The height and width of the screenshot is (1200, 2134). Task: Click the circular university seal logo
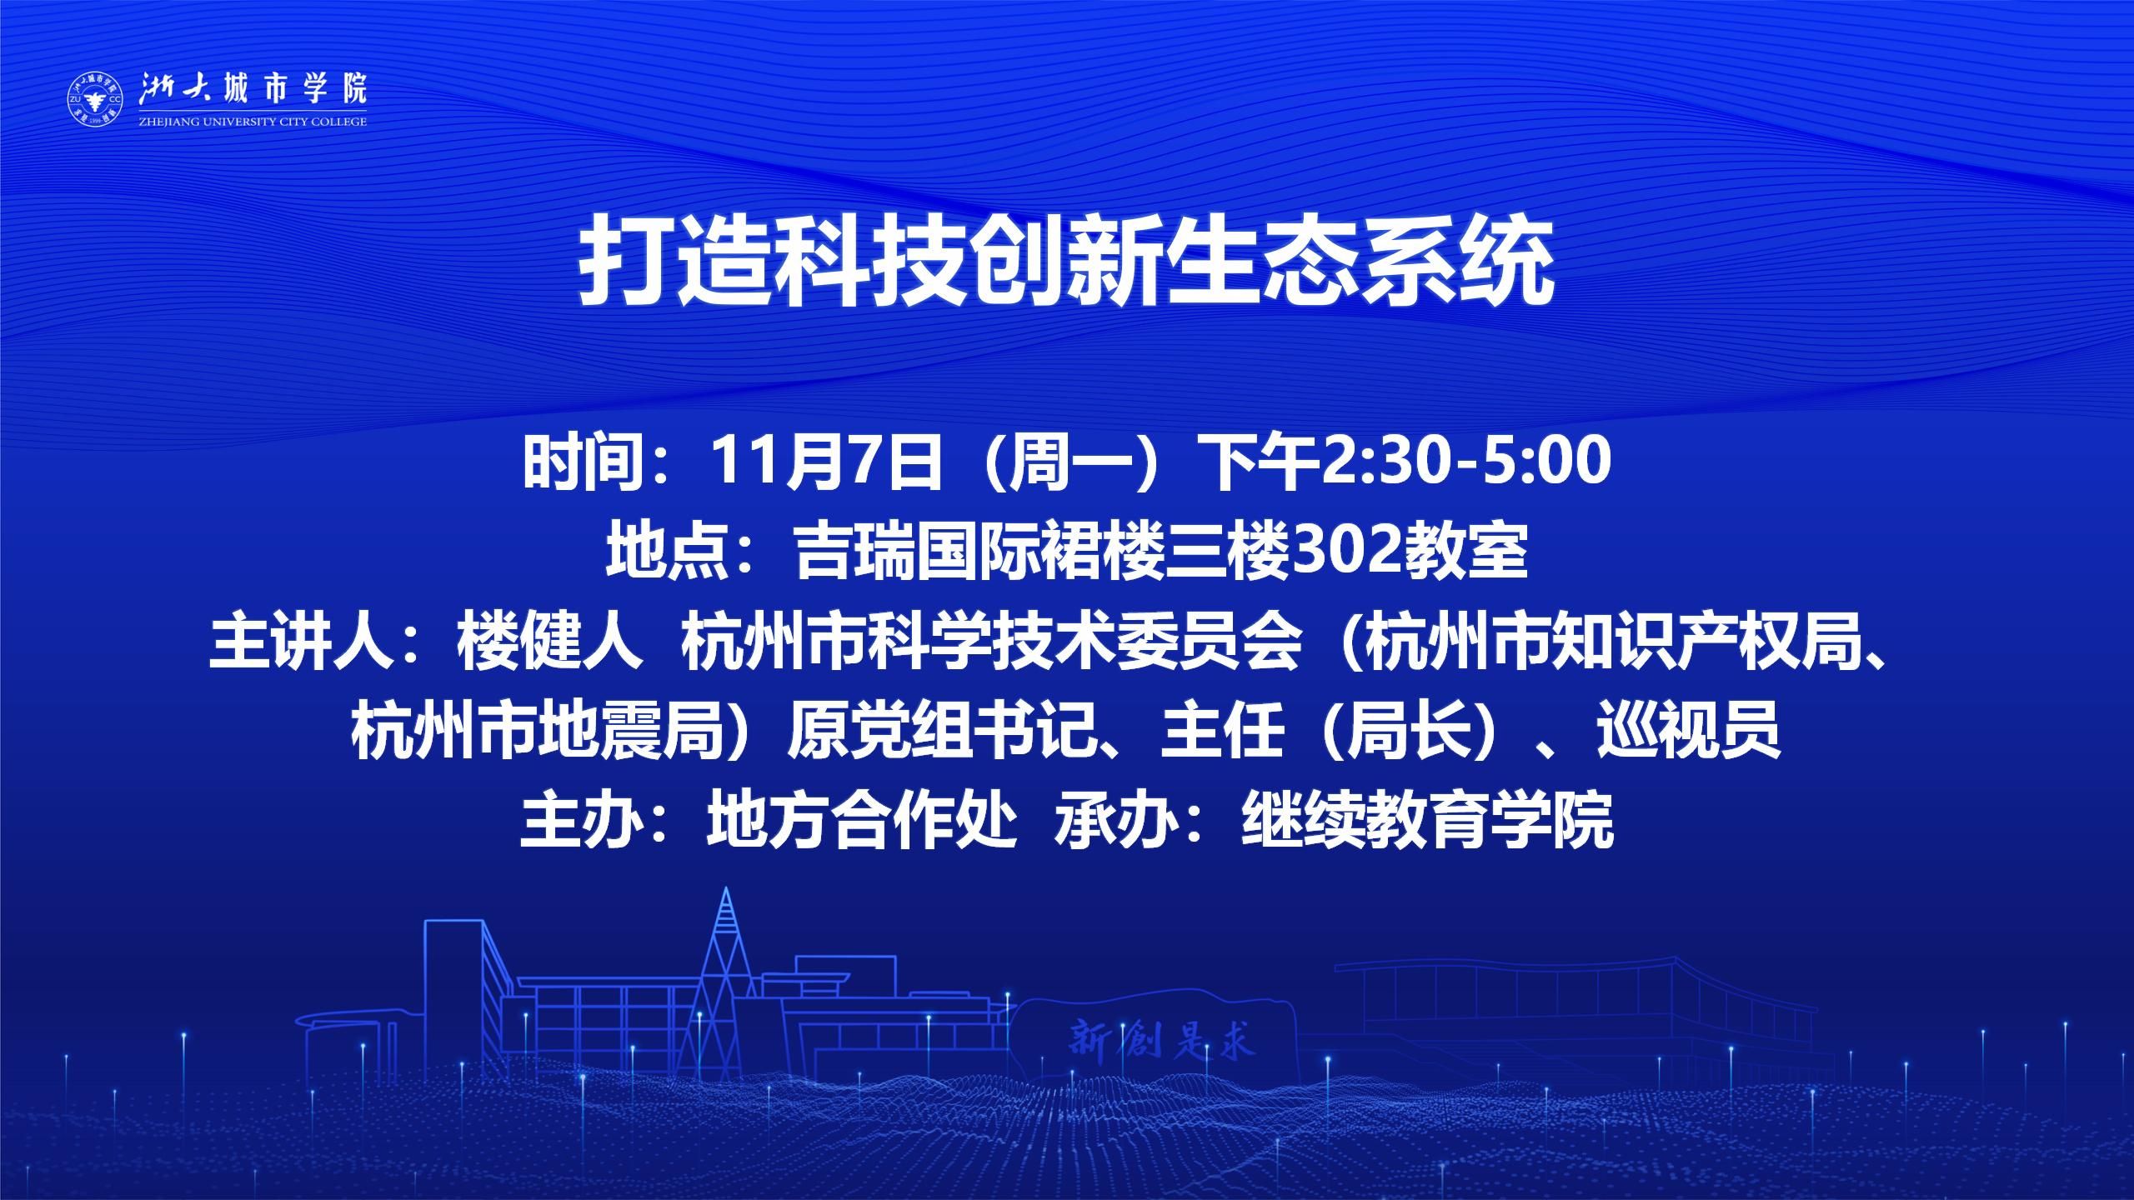(x=94, y=99)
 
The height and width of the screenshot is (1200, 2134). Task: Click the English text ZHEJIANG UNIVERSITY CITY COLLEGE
(x=252, y=122)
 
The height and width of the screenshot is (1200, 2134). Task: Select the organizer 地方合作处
(x=861, y=821)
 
